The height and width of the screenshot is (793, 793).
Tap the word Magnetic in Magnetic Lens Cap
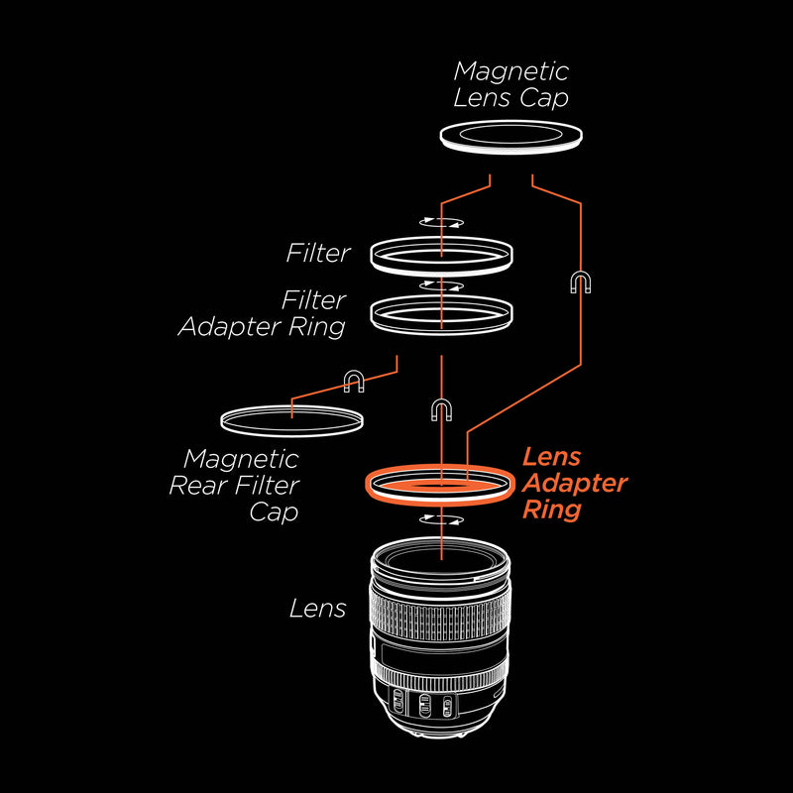(x=511, y=71)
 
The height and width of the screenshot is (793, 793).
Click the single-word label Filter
(x=318, y=253)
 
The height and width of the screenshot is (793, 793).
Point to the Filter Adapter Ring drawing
(x=441, y=314)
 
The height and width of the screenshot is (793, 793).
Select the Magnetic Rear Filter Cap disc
(x=291, y=420)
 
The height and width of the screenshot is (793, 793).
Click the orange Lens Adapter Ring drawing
(x=440, y=485)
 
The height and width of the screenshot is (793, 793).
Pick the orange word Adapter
(x=574, y=484)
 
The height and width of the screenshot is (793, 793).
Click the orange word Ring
(x=552, y=510)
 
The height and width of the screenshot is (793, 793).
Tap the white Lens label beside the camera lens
(x=318, y=608)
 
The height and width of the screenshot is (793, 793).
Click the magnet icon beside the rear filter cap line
(x=354, y=381)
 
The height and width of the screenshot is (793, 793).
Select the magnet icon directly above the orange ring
(x=441, y=410)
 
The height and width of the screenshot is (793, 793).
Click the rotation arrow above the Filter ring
(x=441, y=223)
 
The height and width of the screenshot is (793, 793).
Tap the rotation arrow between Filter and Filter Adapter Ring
(x=441, y=285)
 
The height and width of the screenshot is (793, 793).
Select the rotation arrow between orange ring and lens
(x=441, y=519)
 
